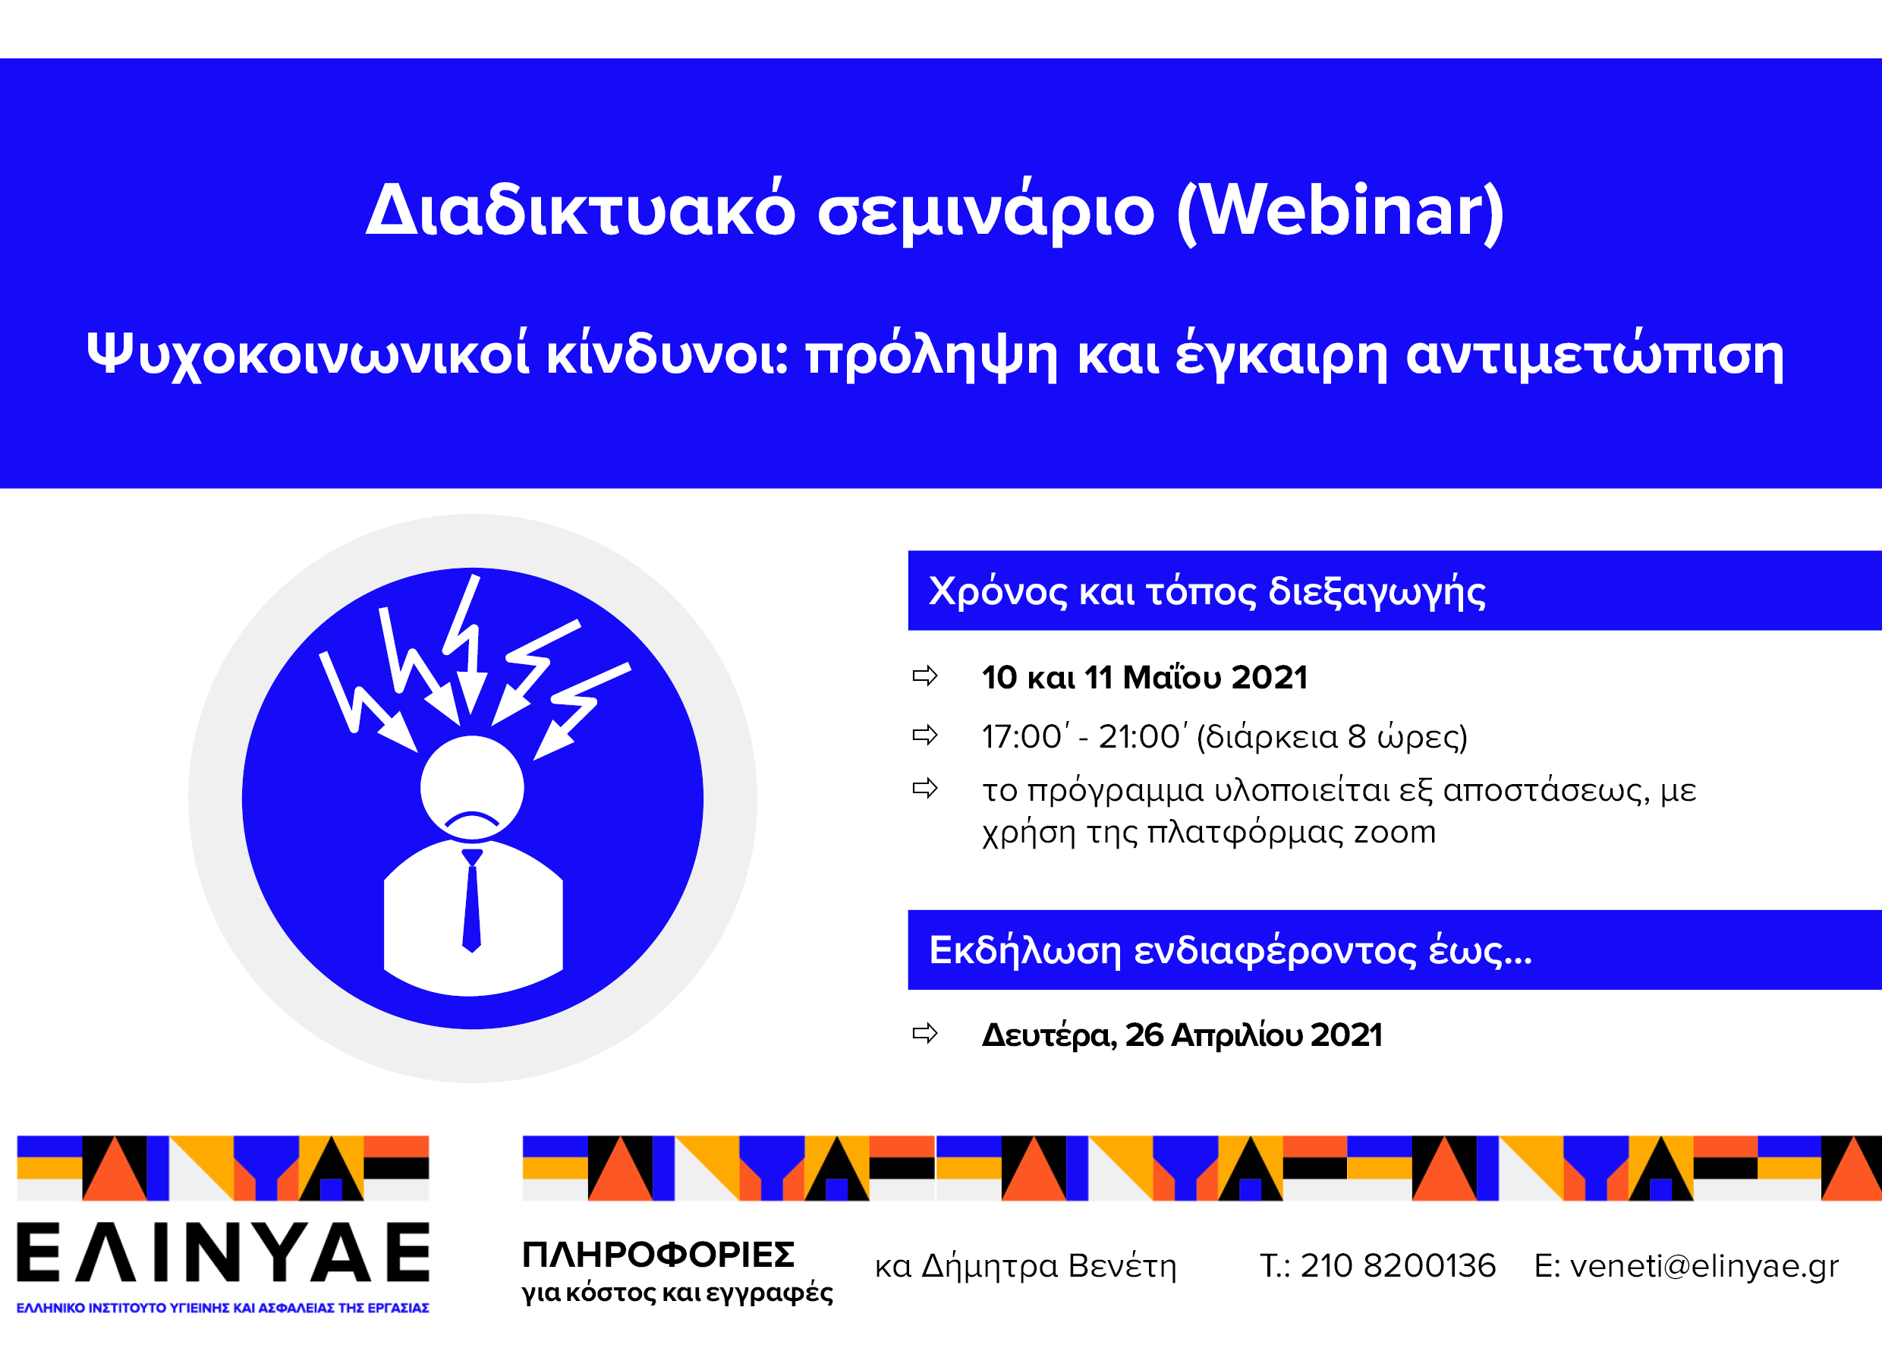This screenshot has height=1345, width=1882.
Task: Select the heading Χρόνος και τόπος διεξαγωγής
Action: (x=1207, y=592)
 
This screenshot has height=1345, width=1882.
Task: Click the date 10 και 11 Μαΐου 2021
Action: (x=1144, y=678)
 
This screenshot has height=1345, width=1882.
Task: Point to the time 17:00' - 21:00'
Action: (x=1084, y=736)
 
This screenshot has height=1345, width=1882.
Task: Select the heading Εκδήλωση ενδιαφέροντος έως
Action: (x=1230, y=950)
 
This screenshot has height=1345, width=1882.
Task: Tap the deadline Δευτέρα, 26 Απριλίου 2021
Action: (x=1182, y=1035)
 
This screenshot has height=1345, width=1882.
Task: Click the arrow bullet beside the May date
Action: (x=925, y=676)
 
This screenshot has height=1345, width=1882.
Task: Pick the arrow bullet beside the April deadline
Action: (x=925, y=1033)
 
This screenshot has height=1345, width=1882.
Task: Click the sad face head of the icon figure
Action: (x=472, y=788)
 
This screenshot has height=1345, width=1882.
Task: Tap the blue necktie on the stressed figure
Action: (x=471, y=900)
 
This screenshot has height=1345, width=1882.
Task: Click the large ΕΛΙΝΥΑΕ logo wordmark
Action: (x=224, y=1252)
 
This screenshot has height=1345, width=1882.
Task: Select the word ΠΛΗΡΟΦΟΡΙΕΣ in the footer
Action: (x=658, y=1255)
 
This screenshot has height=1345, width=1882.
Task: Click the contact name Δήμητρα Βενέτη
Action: (x=1048, y=1265)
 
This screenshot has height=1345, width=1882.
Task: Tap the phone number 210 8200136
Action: (x=1398, y=1265)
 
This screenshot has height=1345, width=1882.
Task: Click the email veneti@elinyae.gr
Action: (x=1704, y=1265)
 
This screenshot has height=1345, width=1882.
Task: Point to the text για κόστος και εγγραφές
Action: (x=677, y=1292)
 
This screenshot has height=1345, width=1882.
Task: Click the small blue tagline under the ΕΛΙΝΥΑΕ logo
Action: (x=222, y=1308)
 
